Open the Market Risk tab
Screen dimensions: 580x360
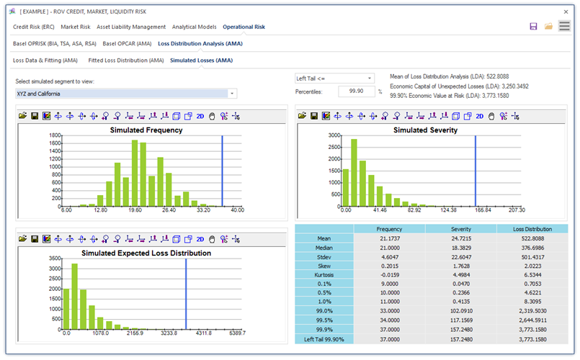pos(76,27)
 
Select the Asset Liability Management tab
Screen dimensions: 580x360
pos(131,27)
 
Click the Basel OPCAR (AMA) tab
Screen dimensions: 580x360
pos(127,44)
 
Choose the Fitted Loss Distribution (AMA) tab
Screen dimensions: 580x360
pos(126,60)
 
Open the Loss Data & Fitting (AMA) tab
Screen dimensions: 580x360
pos(45,60)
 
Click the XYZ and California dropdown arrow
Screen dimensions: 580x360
pos(232,94)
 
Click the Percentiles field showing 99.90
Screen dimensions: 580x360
pos(356,91)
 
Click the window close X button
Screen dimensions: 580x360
pos(566,12)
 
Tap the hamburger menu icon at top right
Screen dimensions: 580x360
pos(564,26)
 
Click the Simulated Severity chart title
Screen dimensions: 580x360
pos(425,130)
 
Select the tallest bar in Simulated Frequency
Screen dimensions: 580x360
pos(135,173)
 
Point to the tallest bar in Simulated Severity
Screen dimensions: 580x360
pos(354,173)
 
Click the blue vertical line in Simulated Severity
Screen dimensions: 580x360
pos(476,171)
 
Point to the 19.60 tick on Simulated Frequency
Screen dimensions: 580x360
pos(135,210)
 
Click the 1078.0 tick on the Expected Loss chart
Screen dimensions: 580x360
pos(101,333)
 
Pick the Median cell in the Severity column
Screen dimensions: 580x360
pos(461,248)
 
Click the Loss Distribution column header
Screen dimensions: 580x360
pos(532,229)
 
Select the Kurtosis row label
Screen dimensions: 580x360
pos(324,275)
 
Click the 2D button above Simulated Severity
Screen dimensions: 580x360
pos(479,116)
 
